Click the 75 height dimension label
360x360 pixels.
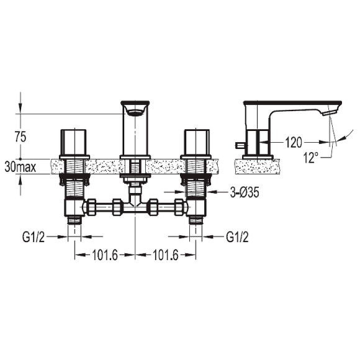[20, 137]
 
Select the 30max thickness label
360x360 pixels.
[20, 167]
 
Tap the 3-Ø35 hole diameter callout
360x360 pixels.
[245, 192]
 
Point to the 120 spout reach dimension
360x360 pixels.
[294, 143]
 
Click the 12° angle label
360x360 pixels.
[311, 158]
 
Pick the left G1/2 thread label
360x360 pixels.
[34, 237]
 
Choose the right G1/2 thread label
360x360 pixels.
[237, 237]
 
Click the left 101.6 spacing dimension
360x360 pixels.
[105, 255]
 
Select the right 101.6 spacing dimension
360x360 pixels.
[166, 255]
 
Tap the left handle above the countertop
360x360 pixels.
[73, 142]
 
